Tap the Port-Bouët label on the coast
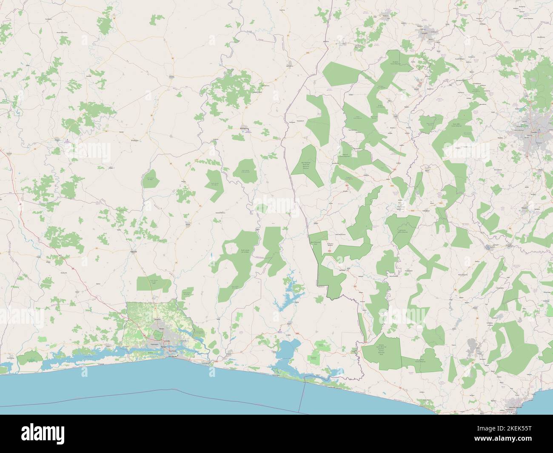pyautogui.click(x=174, y=351)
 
